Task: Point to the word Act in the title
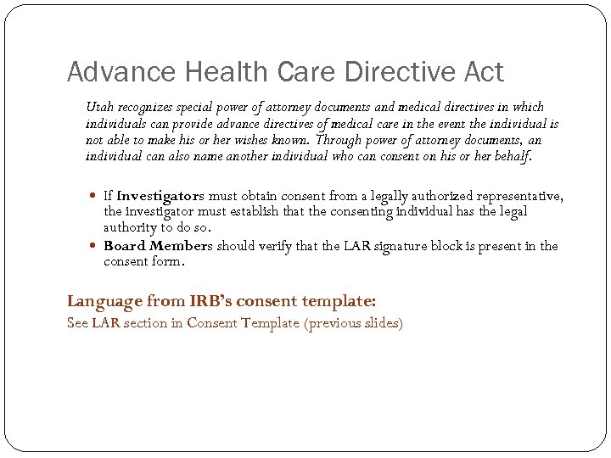coord(485,72)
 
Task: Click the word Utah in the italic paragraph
coord(98,107)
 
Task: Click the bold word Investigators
coord(160,196)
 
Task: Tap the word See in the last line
coord(77,323)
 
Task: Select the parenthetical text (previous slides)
coord(353,323)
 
